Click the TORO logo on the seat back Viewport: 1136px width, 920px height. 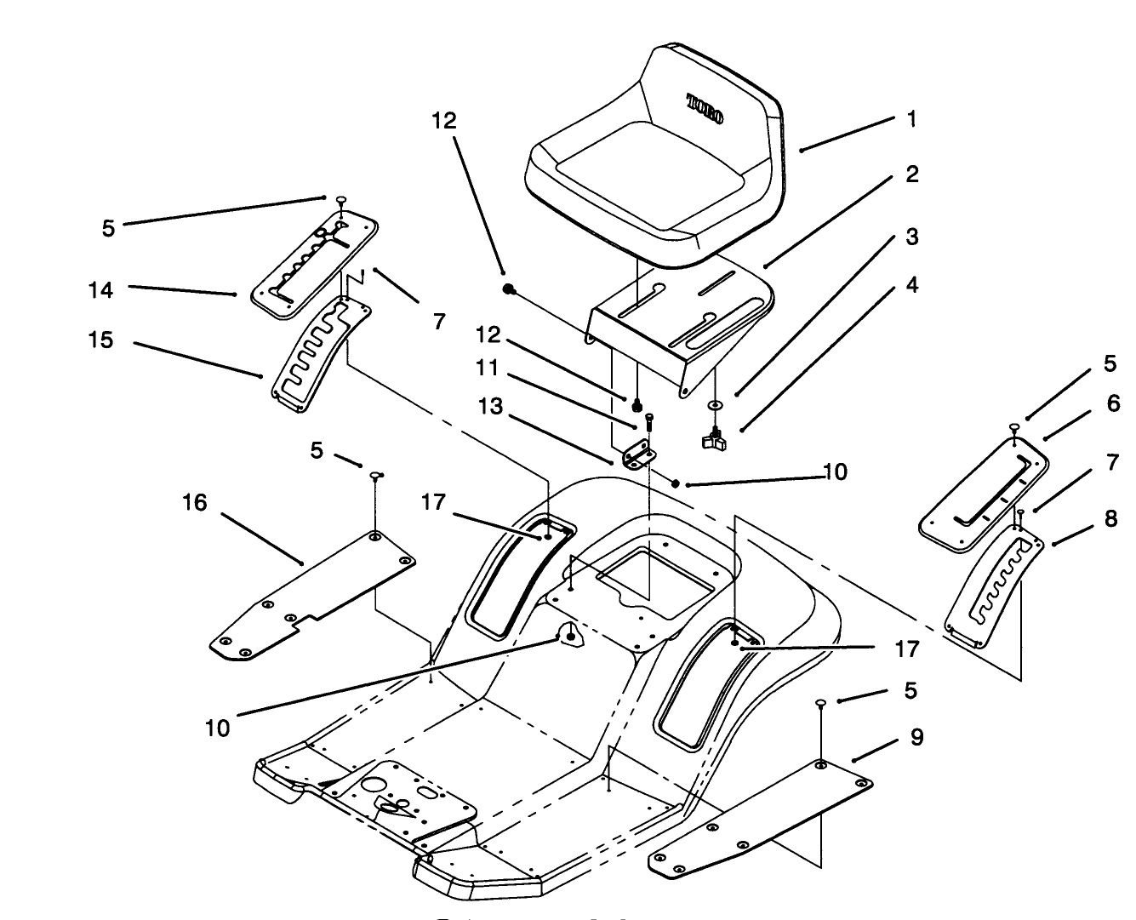pyautogui.click(x=705, y=110)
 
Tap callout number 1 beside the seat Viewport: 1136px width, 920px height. pyautogui.click(x=911, y=119)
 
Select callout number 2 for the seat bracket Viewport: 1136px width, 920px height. pyautogui.click(x=911, y=175)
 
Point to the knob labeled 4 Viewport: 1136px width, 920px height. pyautogui.click(x=713, y=440)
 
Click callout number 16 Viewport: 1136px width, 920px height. pyautogui.click(x=195, y=503)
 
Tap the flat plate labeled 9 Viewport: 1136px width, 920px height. pyautogui.click(x=762, y=815)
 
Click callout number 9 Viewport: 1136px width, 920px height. pyautogui.click(x=916, y=736)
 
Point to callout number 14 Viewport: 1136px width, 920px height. pyautogui.click(x=100, y=290)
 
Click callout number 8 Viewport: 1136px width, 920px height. pyautogui.click(x=1110, y=518)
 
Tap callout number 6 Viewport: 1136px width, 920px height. pyautogui.click(x=1113, y=403)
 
